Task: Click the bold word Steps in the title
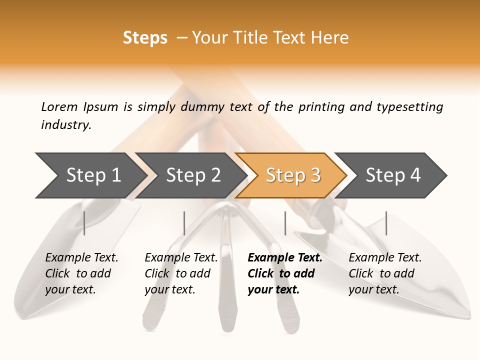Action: tap(145, 38)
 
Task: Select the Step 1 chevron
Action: tap(90, 175)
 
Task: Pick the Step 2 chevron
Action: tap(190, 175)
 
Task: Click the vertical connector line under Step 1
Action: tap(84, 223)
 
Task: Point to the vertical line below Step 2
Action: tap(184, 223)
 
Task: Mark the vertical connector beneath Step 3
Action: tap(285, 223)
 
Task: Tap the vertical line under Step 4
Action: tap(386, 223)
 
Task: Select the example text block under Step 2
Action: tap(180, 273)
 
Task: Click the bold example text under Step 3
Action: tap(284, 273)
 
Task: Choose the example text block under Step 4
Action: tap(384, 273)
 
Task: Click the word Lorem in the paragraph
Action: tap(59, 106)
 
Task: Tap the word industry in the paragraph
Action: tap(66, 125)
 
